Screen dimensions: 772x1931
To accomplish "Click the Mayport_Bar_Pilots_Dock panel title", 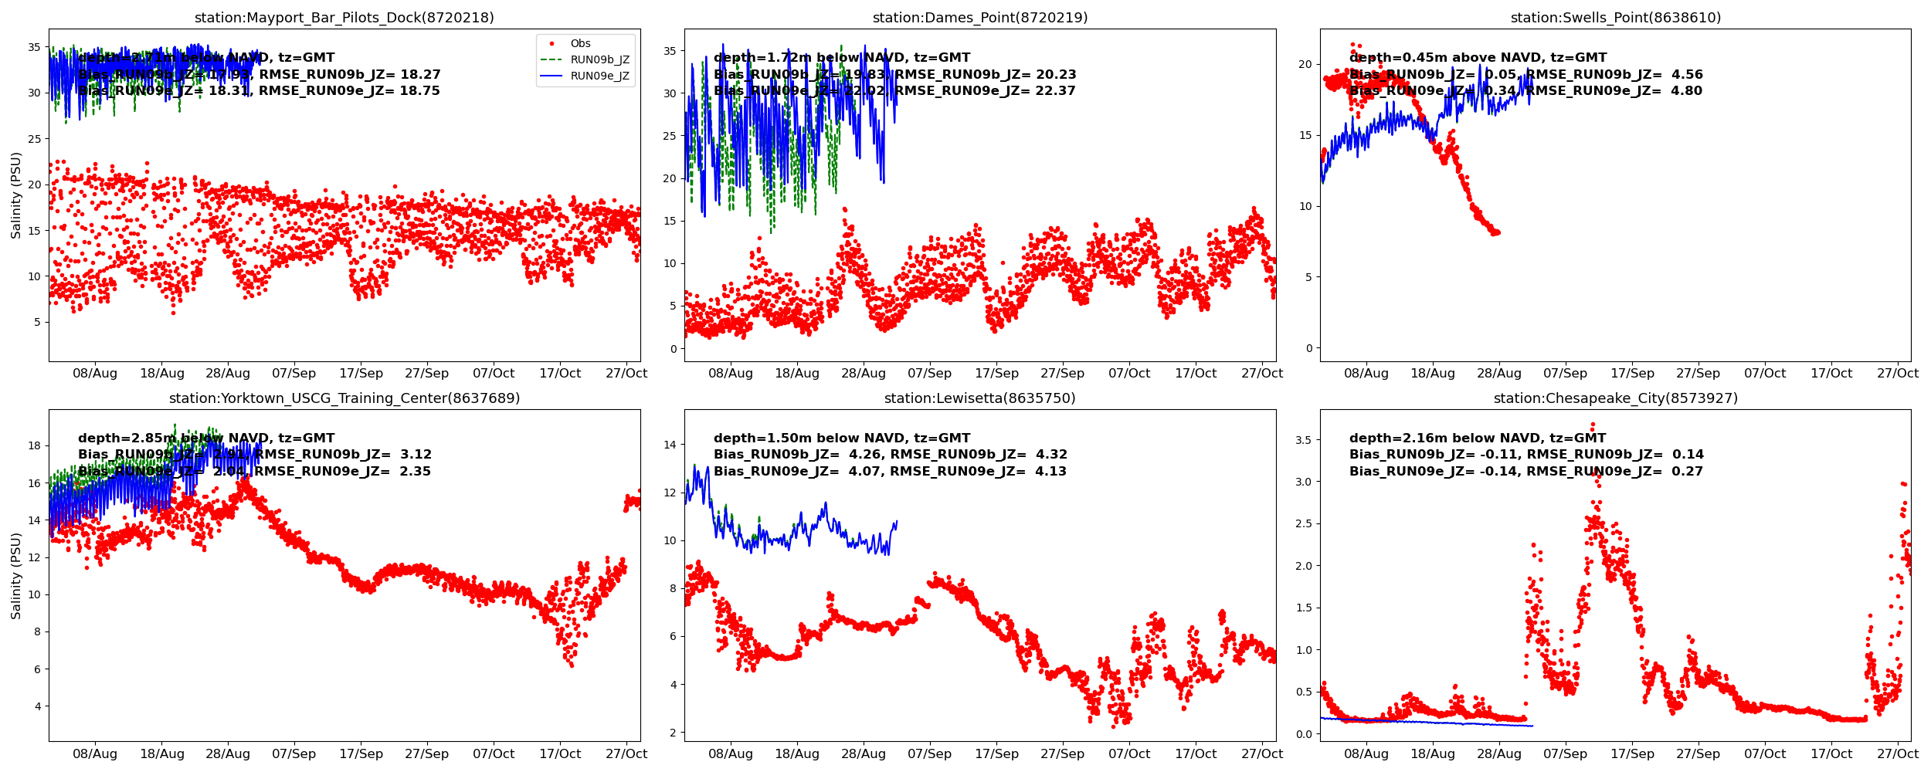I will [344, 18].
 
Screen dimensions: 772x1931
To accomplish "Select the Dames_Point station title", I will [979, 18].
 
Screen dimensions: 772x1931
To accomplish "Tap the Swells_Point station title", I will [1615, 18].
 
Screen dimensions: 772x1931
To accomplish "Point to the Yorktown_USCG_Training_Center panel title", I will [344, 398].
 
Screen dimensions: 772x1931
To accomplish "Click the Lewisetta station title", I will [979, 398].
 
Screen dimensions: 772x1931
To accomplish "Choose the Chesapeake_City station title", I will [1615, 398].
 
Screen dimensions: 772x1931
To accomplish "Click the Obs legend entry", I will [580, 44].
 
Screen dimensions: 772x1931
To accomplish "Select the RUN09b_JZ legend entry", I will [599, 60].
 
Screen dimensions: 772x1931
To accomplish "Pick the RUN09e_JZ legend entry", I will [599, 76].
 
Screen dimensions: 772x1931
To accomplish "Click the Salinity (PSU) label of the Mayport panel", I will [16, 195].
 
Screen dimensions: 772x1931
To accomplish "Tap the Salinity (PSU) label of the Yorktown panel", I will [16, 576].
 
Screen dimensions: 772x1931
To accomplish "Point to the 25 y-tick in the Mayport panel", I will [34, 139].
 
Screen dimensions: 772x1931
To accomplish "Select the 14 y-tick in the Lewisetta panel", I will [669, 445].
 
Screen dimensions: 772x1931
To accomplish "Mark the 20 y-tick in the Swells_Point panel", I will [1305, 64].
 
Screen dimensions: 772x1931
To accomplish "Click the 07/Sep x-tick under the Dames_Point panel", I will [929, 374].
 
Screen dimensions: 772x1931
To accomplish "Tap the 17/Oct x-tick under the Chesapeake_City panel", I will [1831, 754].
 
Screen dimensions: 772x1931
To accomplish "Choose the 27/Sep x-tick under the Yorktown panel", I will [426, 754].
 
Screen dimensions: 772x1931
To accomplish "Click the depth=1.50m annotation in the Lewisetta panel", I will [841, 438].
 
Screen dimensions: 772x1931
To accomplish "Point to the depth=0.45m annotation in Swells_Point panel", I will [1478, 58].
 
